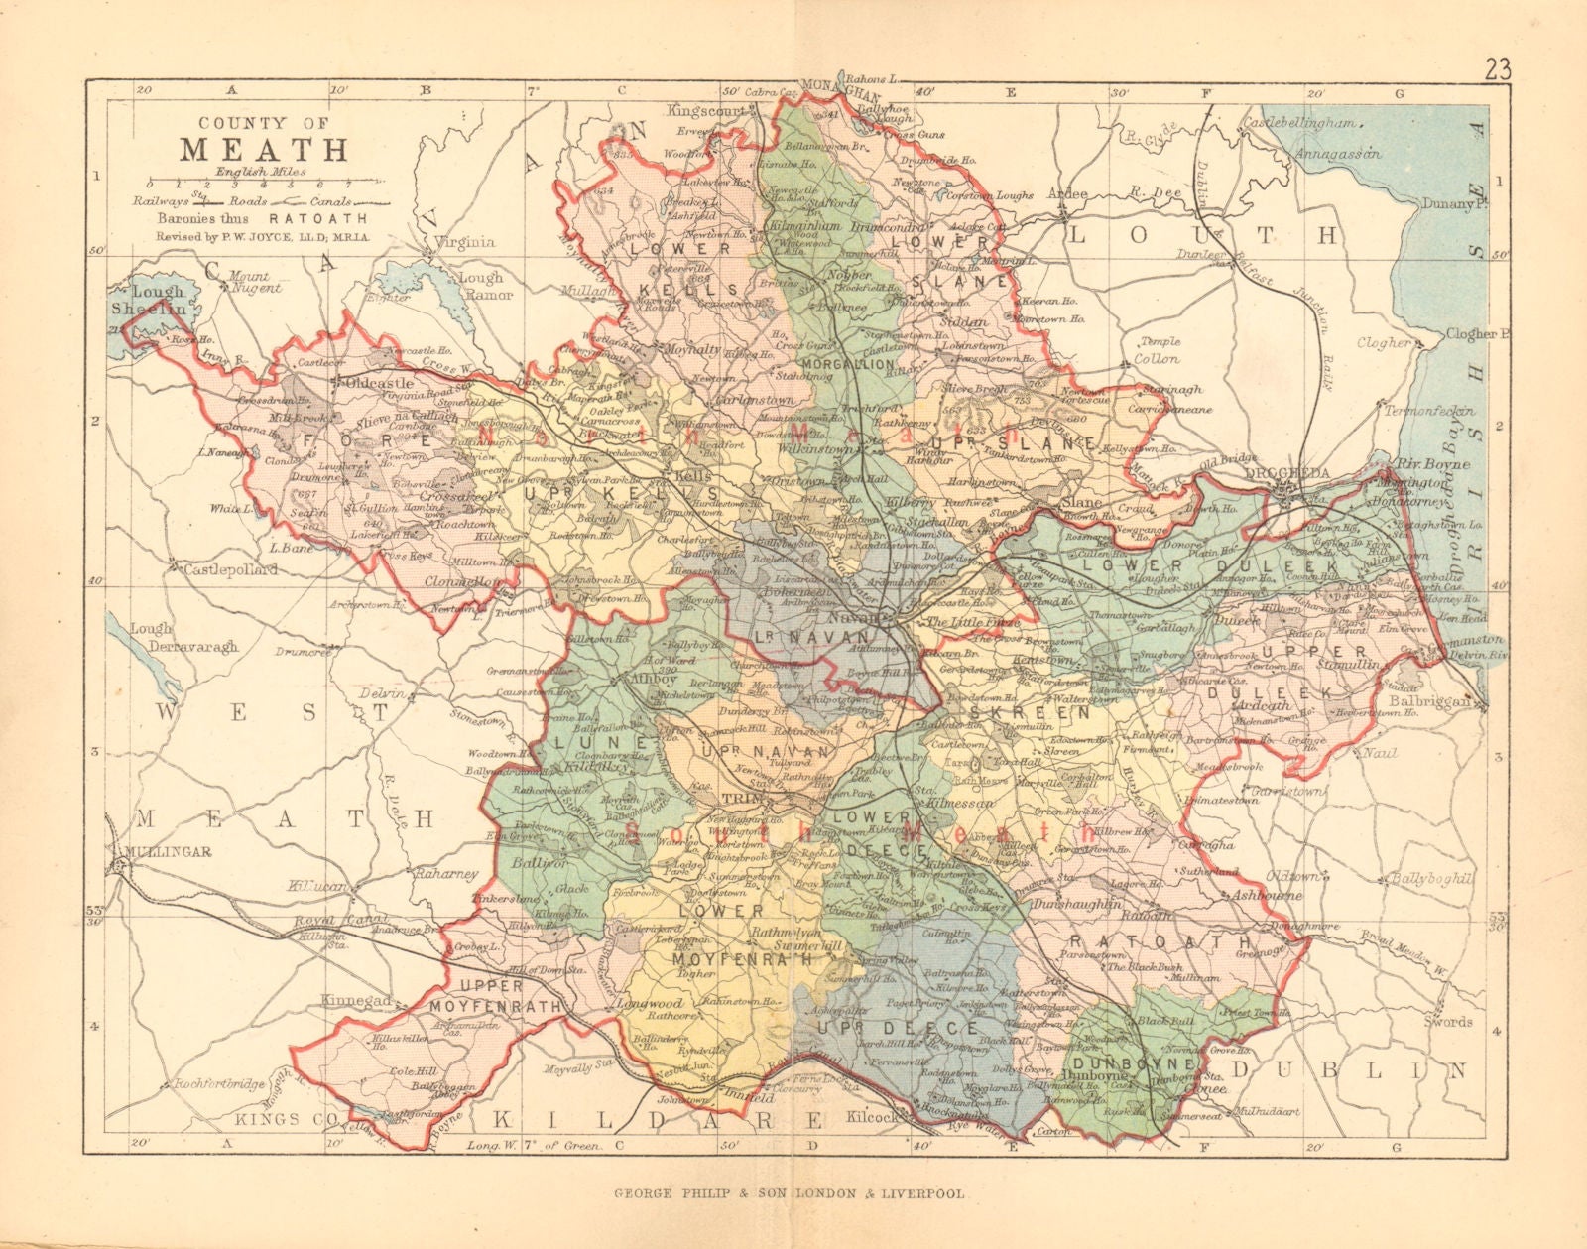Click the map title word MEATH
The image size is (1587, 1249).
tap(263, 149)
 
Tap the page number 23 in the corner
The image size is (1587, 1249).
tap(1498, 70)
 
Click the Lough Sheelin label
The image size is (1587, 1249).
tap(159, 301)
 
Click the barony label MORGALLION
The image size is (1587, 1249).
tap(843, 366)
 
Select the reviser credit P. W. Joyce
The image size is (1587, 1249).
tap(262, 237)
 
